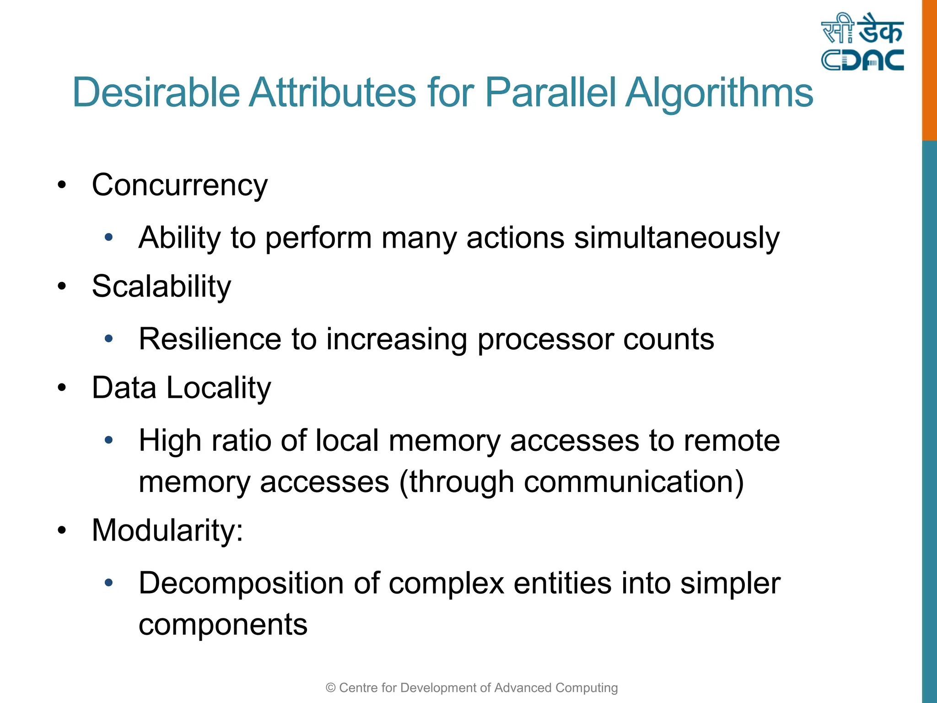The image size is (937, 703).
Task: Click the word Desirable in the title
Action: pyautogui.click(x=156, y=93)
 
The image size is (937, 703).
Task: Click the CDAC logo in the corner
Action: pyautogui.click(x=862, y=42)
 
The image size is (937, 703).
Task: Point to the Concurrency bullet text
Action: pyautogui.click(x=180, y=186)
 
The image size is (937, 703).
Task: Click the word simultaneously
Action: pyautogui.click(x=677, y=238)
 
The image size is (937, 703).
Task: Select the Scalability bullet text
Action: pyautogui.click(x=162, y=287)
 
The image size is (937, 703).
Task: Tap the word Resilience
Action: pyautogui.click(x=210, y=339)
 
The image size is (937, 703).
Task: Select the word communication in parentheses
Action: pyautogui.click(x=628, y=482)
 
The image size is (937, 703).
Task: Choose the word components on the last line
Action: pyautogui.click(x=223, y=625)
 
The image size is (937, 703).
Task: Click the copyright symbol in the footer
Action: pyautogui.click(x=330, y=688)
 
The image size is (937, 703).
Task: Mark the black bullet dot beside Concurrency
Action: pyautogui.click(x=62, y=185)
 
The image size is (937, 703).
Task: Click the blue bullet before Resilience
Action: pyautogui.click(x=108, y=339)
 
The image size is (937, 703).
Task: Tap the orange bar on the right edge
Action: pyautogui.click(x=929, y=69)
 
